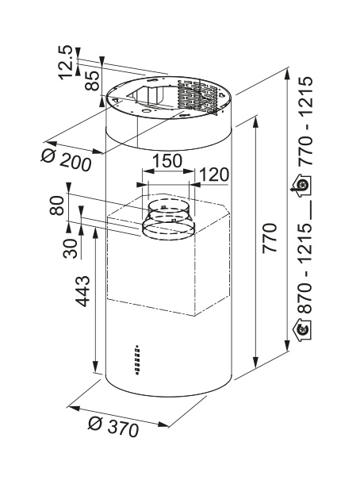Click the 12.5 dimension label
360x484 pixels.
(x=67, y=63)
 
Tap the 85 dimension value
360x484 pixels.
(x=93, y=81)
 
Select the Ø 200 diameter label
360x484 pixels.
(x=67, y=160)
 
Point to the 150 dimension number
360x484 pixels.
(x=167, y=161)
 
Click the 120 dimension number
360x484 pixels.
(x=215, y=175)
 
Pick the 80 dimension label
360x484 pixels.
(x=57, y=206)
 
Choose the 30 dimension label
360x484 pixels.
(x=71, y=249)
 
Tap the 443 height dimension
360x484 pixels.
(x=82, y=291)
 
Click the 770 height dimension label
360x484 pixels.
(x=270, y=238)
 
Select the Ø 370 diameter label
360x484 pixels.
(x=113, y=426)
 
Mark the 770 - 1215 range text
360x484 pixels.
(x=305, y=121)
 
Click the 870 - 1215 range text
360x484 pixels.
(x=305, y=268)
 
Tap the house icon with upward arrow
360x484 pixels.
(x=301, y=185)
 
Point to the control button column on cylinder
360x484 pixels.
(x=137, y=359)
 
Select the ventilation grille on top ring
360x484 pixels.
(x=197, y=95)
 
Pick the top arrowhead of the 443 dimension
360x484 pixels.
(x=95, y=232)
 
